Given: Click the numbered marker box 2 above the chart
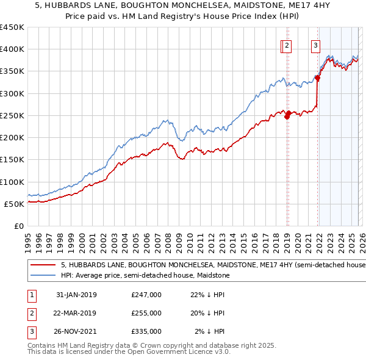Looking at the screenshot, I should pos(287,45).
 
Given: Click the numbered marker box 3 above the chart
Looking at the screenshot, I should pos(316,45).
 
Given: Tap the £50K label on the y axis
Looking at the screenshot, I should pos(15,204).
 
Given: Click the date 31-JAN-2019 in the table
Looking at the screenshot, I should pos(76,295).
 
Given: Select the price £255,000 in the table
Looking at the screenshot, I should pos(146,313).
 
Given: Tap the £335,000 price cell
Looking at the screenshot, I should pos(146,331).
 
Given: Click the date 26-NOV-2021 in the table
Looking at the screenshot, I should pos(76,331).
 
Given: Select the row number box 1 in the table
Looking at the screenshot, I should pos(30,295).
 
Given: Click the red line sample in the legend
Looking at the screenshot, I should pos(43,265).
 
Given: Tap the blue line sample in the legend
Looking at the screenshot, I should pos(43,276).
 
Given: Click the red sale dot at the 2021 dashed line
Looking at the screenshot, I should pos(317,77).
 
